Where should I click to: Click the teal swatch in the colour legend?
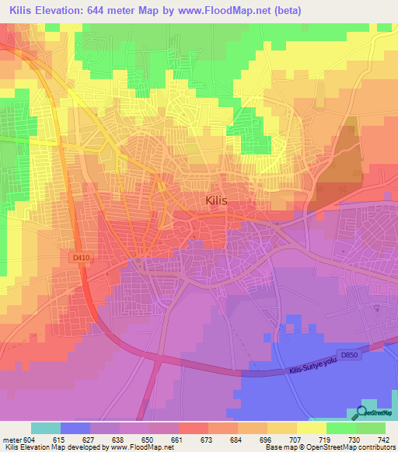(46, 428)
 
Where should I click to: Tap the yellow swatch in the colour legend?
(312, 428)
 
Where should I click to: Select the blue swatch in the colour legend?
(75, 428)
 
